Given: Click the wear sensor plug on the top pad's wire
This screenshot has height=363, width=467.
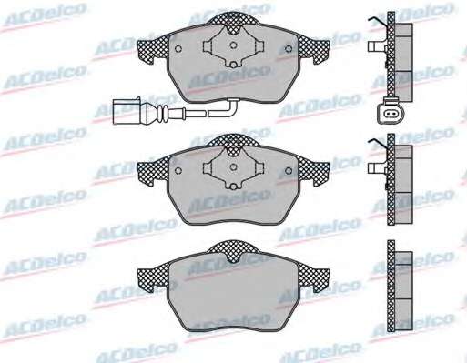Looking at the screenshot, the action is tap(127, 111).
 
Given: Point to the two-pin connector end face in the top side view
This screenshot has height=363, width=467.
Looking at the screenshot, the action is tap(391, 114).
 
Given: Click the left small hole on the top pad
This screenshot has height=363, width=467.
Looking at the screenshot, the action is tap(178, 49).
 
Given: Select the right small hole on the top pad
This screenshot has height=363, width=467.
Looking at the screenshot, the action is tap(289, 48).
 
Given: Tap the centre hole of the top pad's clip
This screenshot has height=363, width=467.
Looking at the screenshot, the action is tap(233, 45).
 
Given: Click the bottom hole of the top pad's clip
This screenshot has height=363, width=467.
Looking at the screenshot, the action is tap(233, 65).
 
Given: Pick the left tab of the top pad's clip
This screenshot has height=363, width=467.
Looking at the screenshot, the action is tap(208, 46).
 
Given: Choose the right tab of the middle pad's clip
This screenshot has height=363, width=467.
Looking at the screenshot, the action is tap(259, 167).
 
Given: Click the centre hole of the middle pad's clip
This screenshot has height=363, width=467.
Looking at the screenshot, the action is tap(233, 167).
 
